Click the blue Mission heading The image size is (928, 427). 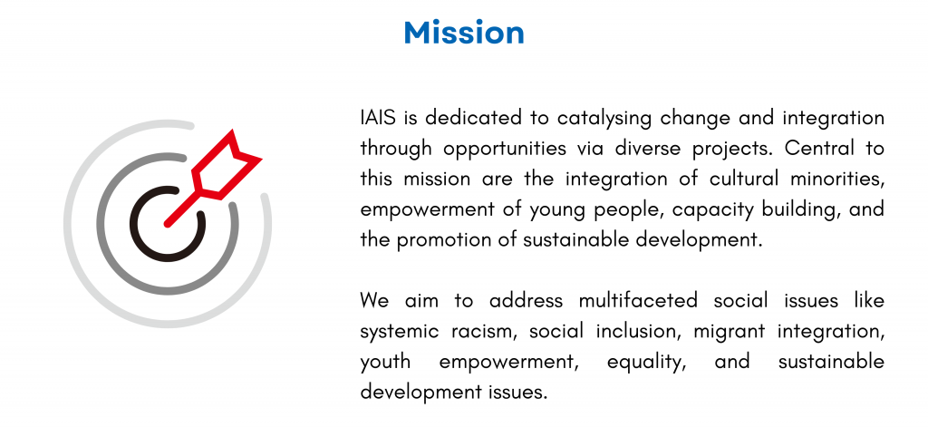pos(464,33)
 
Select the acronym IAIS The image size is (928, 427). pos(379,118)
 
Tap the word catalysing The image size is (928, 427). pos(604,119)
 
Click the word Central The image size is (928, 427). pos(819,148)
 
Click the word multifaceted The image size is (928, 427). pos(639,301)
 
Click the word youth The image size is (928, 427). pos(385,363)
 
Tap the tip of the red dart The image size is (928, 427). pos(167,225)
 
